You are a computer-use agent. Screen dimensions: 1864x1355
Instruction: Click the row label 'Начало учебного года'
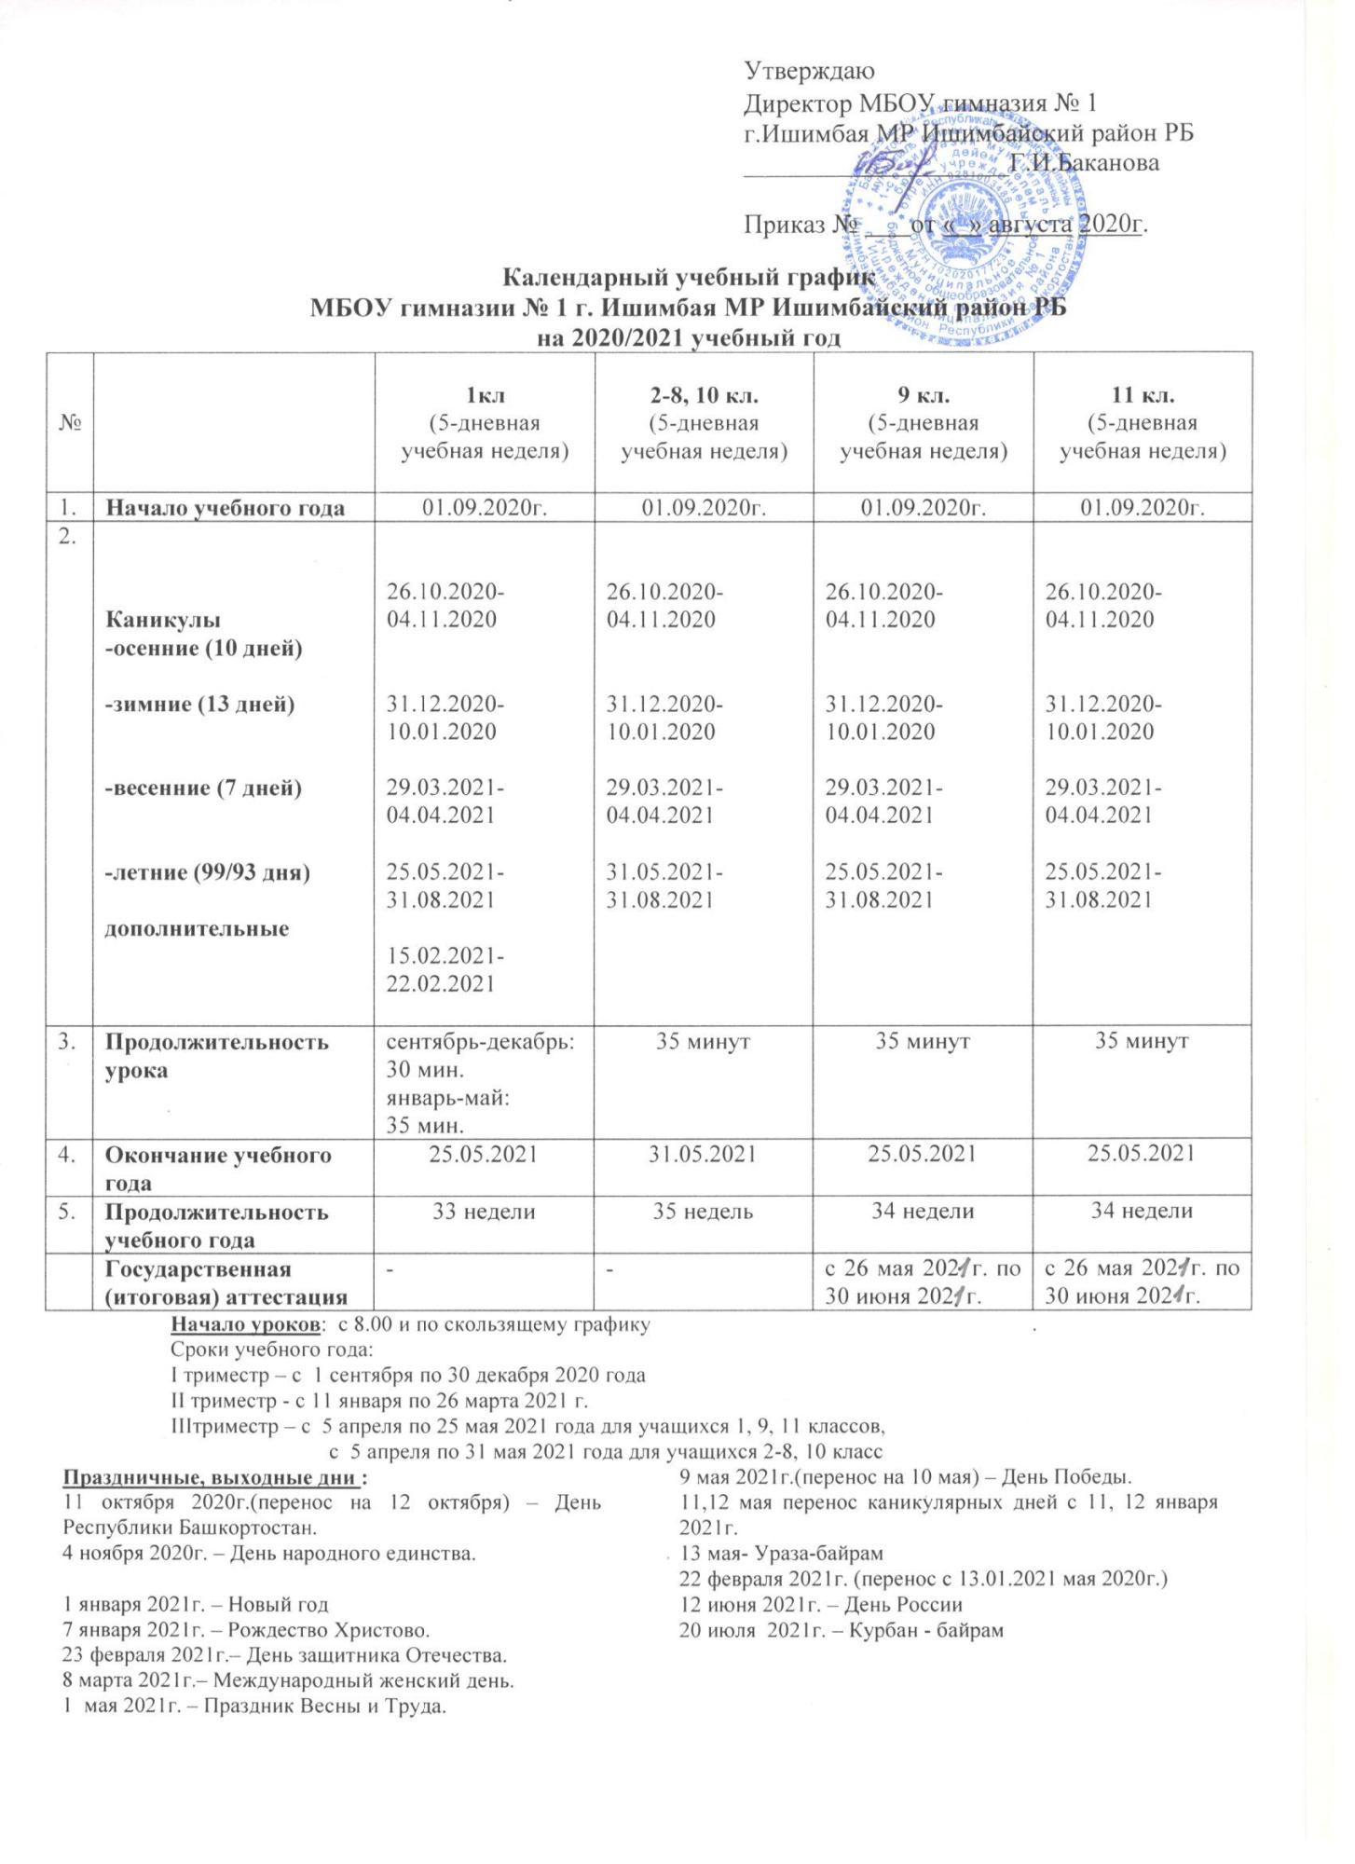pos(225,508)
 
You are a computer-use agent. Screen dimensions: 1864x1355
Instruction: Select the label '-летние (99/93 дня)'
pos(207,872)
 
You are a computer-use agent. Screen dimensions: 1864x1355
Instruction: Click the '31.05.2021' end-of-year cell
pos(704,1155)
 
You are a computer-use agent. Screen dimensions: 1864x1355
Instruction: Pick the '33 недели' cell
pos(484,1212)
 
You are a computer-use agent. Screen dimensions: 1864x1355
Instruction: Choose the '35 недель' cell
pos(704,1212)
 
